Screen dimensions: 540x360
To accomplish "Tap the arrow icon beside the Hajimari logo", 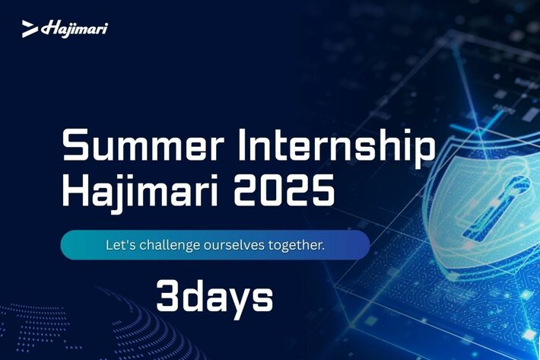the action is [30, 29].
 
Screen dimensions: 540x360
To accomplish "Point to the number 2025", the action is [284, 190].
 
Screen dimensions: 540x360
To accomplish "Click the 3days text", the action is [215, 297].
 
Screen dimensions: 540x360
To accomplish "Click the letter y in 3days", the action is [239, 302].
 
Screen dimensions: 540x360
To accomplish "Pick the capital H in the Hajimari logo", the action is [49, 28].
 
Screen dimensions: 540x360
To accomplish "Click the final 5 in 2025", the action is [324, 190].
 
